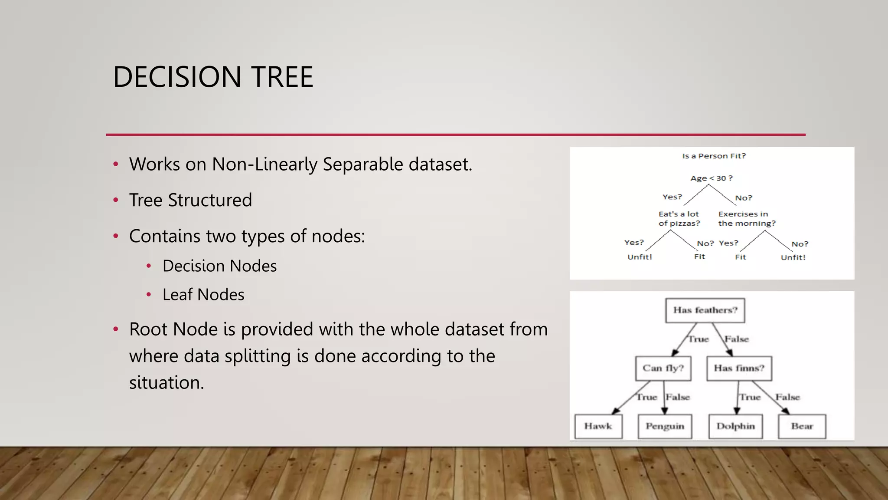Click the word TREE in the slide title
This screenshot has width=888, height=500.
282,77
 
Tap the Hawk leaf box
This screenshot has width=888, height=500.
598,426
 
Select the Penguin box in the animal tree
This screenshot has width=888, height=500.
665,426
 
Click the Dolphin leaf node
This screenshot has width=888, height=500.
735,426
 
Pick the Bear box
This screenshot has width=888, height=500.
802,426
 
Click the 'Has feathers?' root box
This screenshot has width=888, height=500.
705,310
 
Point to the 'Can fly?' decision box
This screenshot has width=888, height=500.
663,368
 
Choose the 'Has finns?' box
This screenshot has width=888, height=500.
739,368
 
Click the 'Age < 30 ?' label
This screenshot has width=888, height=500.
711,178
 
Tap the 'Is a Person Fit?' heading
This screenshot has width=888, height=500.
714,156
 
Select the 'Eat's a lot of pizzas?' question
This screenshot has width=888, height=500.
679,219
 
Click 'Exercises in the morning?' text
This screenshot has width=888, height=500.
746,219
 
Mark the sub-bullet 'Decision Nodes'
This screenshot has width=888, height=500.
219,266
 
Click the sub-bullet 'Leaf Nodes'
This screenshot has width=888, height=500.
203,295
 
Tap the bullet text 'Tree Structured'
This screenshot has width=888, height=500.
190,200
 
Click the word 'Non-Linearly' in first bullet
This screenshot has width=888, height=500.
264,164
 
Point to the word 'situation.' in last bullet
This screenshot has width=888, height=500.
166,383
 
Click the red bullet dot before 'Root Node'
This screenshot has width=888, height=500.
116,329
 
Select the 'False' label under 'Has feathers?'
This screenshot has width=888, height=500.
737,339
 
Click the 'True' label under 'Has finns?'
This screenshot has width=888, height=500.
750,397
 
